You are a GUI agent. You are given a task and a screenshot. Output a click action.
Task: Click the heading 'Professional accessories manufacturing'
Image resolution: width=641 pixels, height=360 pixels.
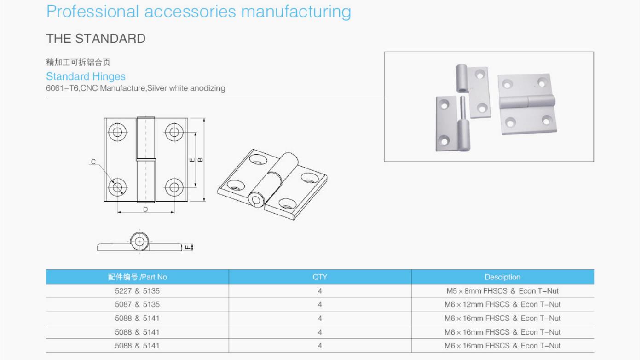click(199, 12)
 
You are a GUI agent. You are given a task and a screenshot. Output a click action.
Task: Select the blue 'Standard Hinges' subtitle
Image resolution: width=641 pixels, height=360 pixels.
click(86, 76)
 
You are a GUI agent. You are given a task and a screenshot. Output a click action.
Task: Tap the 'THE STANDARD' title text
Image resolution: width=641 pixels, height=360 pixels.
click(96, 38)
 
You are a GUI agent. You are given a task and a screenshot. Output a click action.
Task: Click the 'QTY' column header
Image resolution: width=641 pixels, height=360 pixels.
click(320, 277)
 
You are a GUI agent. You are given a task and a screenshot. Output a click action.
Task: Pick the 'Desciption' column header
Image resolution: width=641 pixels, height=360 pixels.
click(502, 277)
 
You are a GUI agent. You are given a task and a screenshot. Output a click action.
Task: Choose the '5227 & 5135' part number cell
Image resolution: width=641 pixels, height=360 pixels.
click(137, 291)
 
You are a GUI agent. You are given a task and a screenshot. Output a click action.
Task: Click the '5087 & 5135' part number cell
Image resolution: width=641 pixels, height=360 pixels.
click(137, 304)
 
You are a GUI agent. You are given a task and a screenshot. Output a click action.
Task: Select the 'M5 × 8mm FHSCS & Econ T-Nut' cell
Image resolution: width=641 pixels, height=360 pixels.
click(502, 291)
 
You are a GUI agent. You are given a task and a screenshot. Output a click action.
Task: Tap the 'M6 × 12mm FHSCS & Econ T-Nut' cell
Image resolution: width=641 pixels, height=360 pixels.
click(502, 304)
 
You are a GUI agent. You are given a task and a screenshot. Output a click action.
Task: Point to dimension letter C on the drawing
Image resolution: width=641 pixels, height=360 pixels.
click(93, 162)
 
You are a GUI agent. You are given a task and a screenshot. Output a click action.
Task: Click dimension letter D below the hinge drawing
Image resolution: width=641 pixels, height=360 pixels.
click(145, 209)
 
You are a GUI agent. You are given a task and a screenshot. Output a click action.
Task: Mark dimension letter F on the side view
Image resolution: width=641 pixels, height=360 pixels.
click(188, 247)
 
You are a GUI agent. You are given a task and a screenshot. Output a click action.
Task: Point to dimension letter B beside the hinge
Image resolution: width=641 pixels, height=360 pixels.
click(200, 160)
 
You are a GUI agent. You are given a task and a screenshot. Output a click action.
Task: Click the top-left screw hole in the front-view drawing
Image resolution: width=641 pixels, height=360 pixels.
click(117, 132)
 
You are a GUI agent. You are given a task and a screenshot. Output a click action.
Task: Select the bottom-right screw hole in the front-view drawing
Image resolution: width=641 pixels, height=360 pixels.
click(174, 187)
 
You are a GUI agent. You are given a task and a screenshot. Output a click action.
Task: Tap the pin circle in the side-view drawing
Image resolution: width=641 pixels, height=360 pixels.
click(139, 241)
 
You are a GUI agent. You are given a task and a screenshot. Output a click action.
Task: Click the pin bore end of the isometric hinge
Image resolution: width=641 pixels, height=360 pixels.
click(256, 200)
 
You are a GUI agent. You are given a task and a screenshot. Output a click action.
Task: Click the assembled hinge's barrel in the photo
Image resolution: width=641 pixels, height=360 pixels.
click(527, 102)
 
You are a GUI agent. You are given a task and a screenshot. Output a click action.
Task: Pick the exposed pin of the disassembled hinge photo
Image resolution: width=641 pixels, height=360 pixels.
click(463, 108)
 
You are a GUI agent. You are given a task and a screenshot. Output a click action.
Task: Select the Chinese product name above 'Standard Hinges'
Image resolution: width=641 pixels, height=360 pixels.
click(78, 62)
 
